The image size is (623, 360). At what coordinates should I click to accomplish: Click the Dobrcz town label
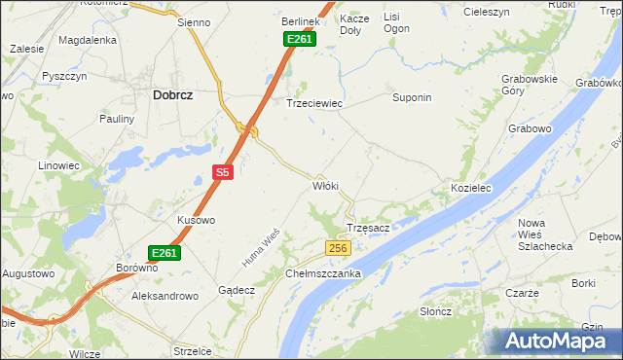(x=171, y=95)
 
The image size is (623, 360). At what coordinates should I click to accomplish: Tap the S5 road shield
(x=223, y=172)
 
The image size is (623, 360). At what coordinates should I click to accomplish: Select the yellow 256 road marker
(x=338, y=249)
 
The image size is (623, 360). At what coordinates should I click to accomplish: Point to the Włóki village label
(x=325, y=185)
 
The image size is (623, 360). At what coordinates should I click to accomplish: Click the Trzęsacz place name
(x=369, y=228)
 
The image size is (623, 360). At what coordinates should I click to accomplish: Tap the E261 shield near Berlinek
(x=299, y=39)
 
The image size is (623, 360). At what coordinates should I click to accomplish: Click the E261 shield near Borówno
(x=165, y=252)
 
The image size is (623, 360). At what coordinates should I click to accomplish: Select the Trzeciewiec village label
(x=313, y=102)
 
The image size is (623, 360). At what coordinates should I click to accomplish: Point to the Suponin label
(x=411, y=98)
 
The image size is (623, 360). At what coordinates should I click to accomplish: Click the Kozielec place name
(x=469, y=186)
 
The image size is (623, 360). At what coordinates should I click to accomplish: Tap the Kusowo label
(x=196, y=220)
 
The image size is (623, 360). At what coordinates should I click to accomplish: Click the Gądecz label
(x=237, y=290)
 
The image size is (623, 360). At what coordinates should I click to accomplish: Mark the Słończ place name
(x=435, y=311)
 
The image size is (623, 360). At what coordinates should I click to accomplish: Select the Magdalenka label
(x=88, y=40)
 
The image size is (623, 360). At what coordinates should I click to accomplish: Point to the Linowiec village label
(x=58, y=165)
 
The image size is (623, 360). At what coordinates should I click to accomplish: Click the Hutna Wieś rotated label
(x=261, y=248)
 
